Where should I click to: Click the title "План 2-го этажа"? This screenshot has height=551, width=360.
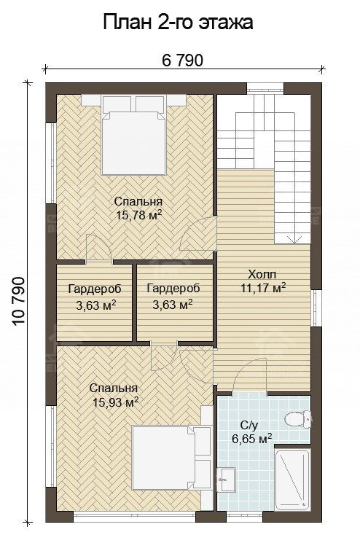click(178, 23)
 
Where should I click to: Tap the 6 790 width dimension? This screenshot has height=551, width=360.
click(183, 60)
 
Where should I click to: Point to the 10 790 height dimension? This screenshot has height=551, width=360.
click(19, 302)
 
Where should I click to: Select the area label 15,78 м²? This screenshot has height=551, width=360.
click(139, 215)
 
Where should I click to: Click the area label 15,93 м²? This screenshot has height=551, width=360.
click(115, 402)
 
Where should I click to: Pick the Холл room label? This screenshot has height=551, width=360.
click(262, 274)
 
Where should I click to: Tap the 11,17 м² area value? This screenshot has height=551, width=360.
click(262, 288)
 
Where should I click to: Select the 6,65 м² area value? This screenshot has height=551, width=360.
click(252, 439)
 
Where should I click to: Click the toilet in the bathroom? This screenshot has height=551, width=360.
click(297, 419)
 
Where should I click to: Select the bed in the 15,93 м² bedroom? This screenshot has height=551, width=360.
click(171, 458)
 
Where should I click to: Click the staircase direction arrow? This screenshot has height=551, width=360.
click(294, 239)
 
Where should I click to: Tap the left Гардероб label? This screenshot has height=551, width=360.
click(95, 289)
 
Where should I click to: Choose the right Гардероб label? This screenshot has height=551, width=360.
click(173, 289)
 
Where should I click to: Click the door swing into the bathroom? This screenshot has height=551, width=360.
click(250, 375)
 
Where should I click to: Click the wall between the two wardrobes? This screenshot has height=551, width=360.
click(135, 302)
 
